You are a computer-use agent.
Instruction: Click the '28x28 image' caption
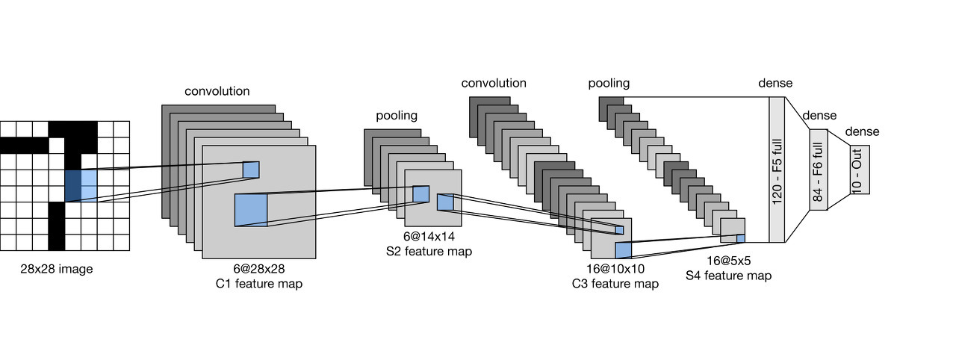click(57, 269)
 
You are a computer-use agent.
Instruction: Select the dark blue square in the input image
click(73, 185)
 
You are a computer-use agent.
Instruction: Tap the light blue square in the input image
click(89, 185)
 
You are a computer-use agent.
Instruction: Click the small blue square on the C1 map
click(250, 170)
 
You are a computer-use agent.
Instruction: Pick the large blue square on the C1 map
click(251, 209)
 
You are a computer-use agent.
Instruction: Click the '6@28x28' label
click(258, 267)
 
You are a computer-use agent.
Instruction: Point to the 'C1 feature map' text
click(258, 284)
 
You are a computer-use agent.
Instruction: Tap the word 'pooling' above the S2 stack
click(397, 116)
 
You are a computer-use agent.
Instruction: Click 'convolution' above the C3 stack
click(494, 83)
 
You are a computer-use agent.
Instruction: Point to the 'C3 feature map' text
click(615, 284)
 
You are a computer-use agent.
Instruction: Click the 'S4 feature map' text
click(728, 276)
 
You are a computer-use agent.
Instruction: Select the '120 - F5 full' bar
click(777, 170)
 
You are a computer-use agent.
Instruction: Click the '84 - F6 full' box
click(818, 170)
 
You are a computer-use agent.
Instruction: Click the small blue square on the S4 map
click(741, 239)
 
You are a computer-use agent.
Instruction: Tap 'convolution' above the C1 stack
click(217, 91)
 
